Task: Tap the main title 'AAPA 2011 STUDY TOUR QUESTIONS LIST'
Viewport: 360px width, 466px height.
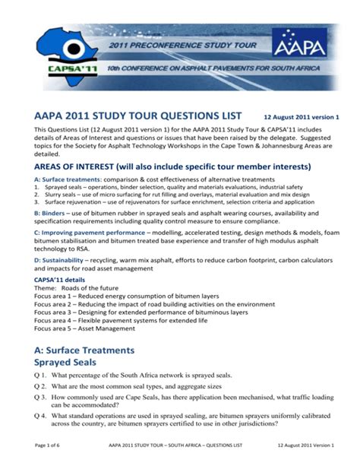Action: coord(137,116)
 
